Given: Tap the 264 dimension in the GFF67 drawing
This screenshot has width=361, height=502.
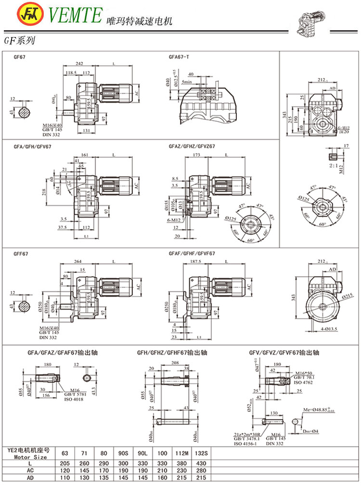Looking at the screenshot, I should tap(77, 261).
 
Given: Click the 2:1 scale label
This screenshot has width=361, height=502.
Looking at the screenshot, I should tap(334, 165).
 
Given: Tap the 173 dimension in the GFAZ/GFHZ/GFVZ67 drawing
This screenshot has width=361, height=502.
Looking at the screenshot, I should tap(196, 155).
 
